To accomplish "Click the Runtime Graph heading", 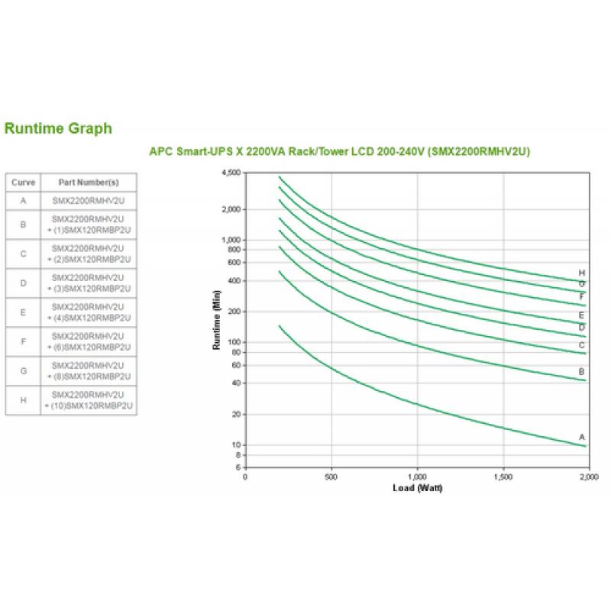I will [58, 128].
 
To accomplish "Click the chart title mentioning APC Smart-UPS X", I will [339, 151].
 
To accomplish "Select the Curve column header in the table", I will [23, 183].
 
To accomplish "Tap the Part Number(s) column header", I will [89, 183].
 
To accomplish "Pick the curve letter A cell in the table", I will [23, 201].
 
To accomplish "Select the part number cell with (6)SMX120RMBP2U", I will [89, 342].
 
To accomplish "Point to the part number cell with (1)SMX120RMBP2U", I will [89, 225].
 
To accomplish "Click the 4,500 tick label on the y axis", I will [230, 173].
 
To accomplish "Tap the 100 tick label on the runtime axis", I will [234, 341].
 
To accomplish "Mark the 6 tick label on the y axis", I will [238, 467].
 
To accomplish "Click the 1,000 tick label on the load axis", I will [417, 477].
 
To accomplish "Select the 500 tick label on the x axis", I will [331, 477].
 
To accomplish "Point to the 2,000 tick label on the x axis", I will [587, 477].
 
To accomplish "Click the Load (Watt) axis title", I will [417, 487].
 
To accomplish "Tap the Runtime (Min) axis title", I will [216, 321].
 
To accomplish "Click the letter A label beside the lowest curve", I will [582, 437].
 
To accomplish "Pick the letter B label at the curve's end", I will [582, 371].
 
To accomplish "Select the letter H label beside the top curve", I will [582, 273].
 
